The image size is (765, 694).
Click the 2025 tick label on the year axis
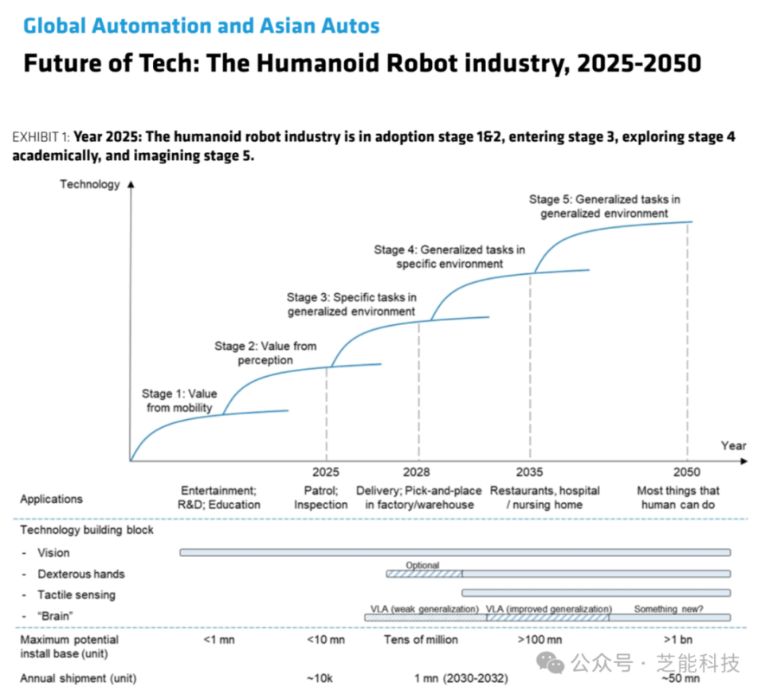pyautogui.click(x=326, y=472)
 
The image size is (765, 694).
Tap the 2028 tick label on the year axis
pyautogui.click(x=417, y=472)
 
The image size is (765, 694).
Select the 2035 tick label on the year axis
pyautogui.click(x=530, y=472)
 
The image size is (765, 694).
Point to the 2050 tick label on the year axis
pyautogui.click(x=687, y=472)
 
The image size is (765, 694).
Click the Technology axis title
pyautogui.click(x=89, y=184)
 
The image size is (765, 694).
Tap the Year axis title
pyautogui.click(x=733, y=445)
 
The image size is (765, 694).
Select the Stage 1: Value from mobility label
pyautogui.click(x=179, y=401)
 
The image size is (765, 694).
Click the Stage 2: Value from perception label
pyautogui.click(x=265, y=353)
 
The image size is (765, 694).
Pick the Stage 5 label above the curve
pyautogui.click(x=604, y=206)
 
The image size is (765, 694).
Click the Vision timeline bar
pyautogui.click(x=454, y=552)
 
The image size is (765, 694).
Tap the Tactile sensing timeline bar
pyautogui.click(x=595, y=592)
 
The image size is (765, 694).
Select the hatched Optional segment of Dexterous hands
pyautogui.click(x=424, y=574)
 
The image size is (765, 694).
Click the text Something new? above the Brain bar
pyautogui.click(x=669, y=609)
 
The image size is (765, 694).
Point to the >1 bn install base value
pyautogui.click(x=679, y=640)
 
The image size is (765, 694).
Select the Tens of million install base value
pyautogui.click(x=421, y=640)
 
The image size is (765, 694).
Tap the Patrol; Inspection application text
pyautogui.click(x=320, y=498)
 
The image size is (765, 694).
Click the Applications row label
pyautogui.click(x=51, y=499)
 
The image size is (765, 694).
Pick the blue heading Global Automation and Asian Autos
pyautogui.click(x=201, y=25)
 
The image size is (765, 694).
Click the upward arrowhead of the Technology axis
pyautogui.click(x=131, y=184)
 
